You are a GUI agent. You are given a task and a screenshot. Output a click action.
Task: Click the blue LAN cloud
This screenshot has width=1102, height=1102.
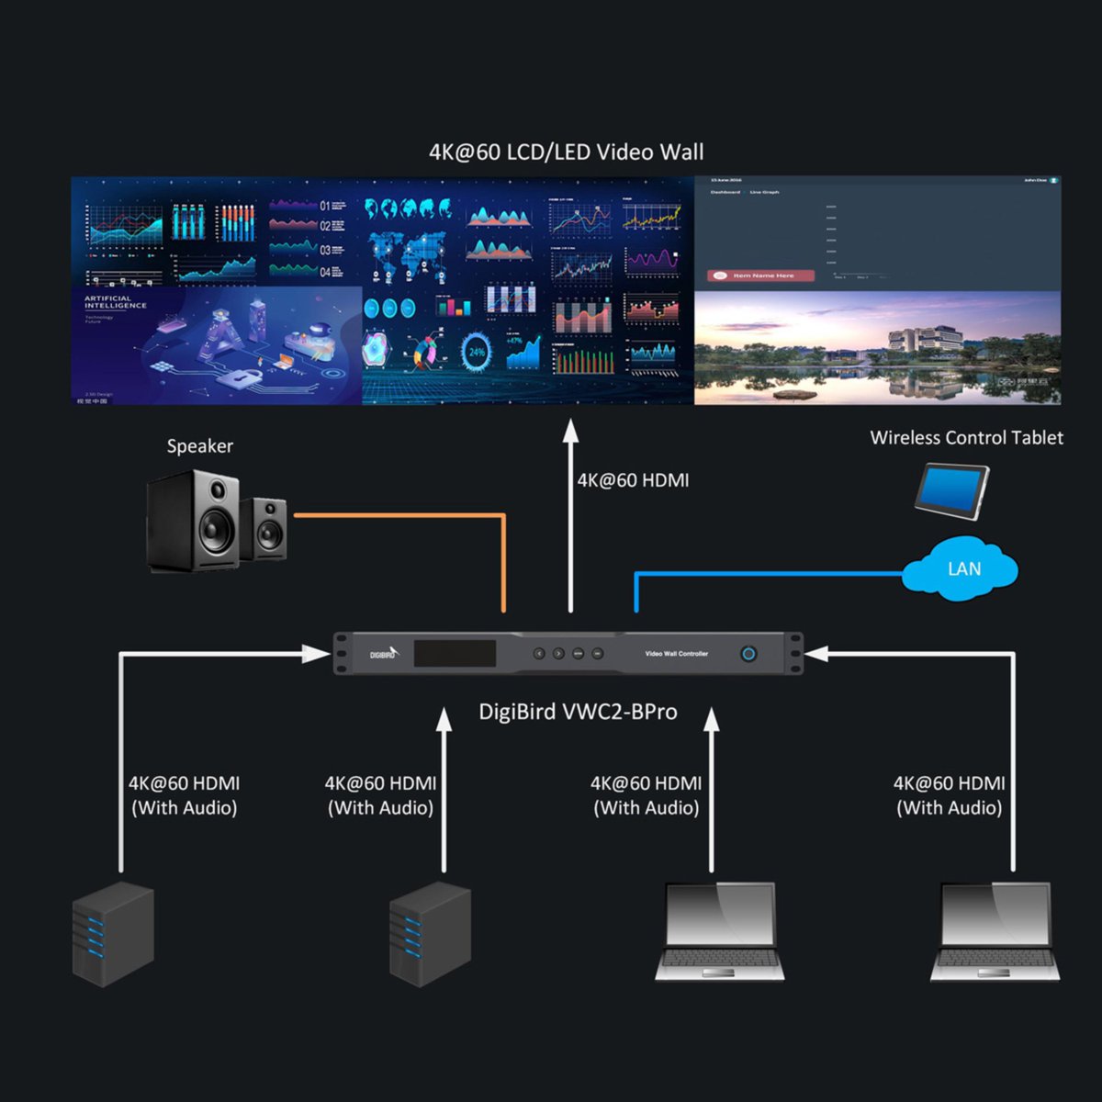pos(961,569)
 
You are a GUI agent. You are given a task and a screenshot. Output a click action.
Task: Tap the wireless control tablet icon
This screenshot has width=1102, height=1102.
pos(951,491)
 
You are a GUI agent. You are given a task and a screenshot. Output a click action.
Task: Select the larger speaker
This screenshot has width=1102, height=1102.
pos(194,522)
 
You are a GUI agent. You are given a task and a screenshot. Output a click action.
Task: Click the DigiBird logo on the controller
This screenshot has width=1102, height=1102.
pos(384,654)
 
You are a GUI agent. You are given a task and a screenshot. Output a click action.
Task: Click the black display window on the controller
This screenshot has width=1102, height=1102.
pos(455,654)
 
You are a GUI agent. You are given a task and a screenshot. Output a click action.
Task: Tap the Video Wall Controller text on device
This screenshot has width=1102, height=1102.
pos(677,654)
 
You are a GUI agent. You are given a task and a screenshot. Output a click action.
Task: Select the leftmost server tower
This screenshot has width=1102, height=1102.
pos(113,934)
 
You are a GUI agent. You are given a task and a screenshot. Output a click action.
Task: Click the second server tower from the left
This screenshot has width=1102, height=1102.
pos(430,934)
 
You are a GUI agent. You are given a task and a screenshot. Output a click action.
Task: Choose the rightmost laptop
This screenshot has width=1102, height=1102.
pos(995,932)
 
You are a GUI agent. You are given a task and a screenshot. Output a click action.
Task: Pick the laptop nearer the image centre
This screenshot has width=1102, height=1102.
pos(720,932)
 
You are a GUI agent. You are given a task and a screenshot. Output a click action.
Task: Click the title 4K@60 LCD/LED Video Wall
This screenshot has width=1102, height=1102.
pos(566,152)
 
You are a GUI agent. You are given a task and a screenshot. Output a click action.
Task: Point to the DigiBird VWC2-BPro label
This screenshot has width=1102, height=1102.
pos(578,712)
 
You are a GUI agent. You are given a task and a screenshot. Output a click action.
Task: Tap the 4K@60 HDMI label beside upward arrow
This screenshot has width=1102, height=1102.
pos(633,480)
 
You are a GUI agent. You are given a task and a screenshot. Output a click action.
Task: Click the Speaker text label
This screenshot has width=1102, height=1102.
pos(199,446)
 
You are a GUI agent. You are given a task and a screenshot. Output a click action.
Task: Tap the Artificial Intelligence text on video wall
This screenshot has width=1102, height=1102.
pos(116,302)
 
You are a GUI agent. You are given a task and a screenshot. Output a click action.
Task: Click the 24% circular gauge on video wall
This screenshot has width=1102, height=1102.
pos(477,352)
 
